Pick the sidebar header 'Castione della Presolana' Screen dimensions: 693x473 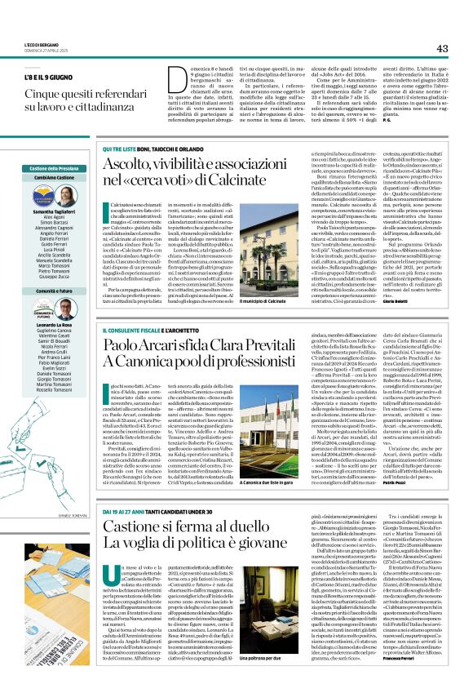click(54, 167)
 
